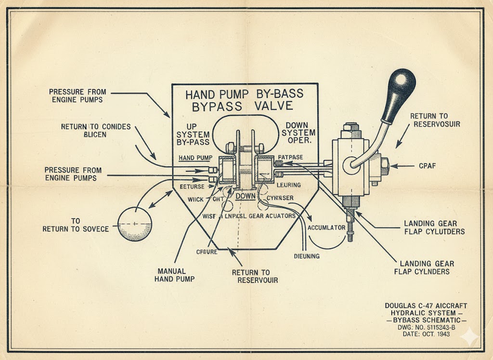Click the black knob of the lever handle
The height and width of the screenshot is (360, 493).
pos(402,85)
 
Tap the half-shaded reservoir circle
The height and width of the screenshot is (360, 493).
pos(135,224)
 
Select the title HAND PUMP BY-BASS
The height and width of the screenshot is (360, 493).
pos(245,94)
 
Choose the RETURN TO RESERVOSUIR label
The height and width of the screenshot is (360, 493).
pos(435,120)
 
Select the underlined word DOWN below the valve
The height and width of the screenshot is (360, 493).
pos(245,196)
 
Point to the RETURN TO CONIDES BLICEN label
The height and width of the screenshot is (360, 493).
pos(96,131)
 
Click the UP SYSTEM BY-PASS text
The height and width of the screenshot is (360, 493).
pos(193,134)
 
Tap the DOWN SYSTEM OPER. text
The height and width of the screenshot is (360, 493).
pos(298,133)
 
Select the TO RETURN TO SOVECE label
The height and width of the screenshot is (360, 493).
pos(76,225)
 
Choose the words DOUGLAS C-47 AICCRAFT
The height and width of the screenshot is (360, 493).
pos(426,306)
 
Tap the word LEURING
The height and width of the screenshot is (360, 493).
pos(289,185)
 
